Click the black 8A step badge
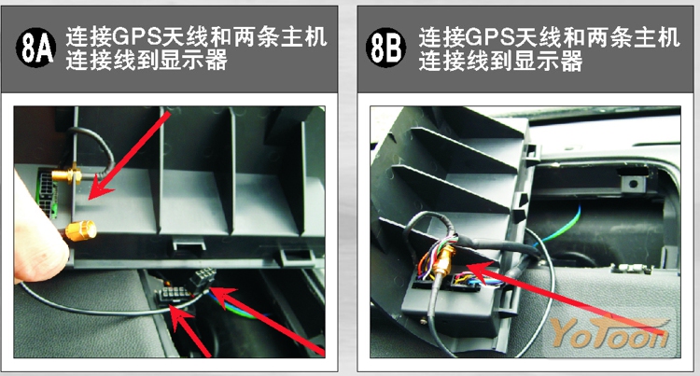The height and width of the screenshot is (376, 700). coord(35,48)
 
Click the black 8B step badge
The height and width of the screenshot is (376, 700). coord(385,48)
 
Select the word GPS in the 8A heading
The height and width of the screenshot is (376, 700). coord(136,37)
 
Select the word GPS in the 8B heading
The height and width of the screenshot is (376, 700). coord(489,37)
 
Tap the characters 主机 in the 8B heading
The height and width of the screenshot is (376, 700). coord(657,37)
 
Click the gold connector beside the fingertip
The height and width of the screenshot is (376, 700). coord(81,230)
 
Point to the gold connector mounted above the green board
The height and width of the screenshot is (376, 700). coord(67,174)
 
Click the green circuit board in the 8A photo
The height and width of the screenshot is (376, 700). coord(47,193)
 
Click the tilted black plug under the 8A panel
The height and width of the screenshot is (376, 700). coord(203,279)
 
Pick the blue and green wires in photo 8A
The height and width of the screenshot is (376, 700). coord(237,307)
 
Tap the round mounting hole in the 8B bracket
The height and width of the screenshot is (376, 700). coord(632,183)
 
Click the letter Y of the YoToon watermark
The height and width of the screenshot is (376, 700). coord(564,332)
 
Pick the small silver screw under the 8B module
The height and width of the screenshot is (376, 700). coord(423,320)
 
